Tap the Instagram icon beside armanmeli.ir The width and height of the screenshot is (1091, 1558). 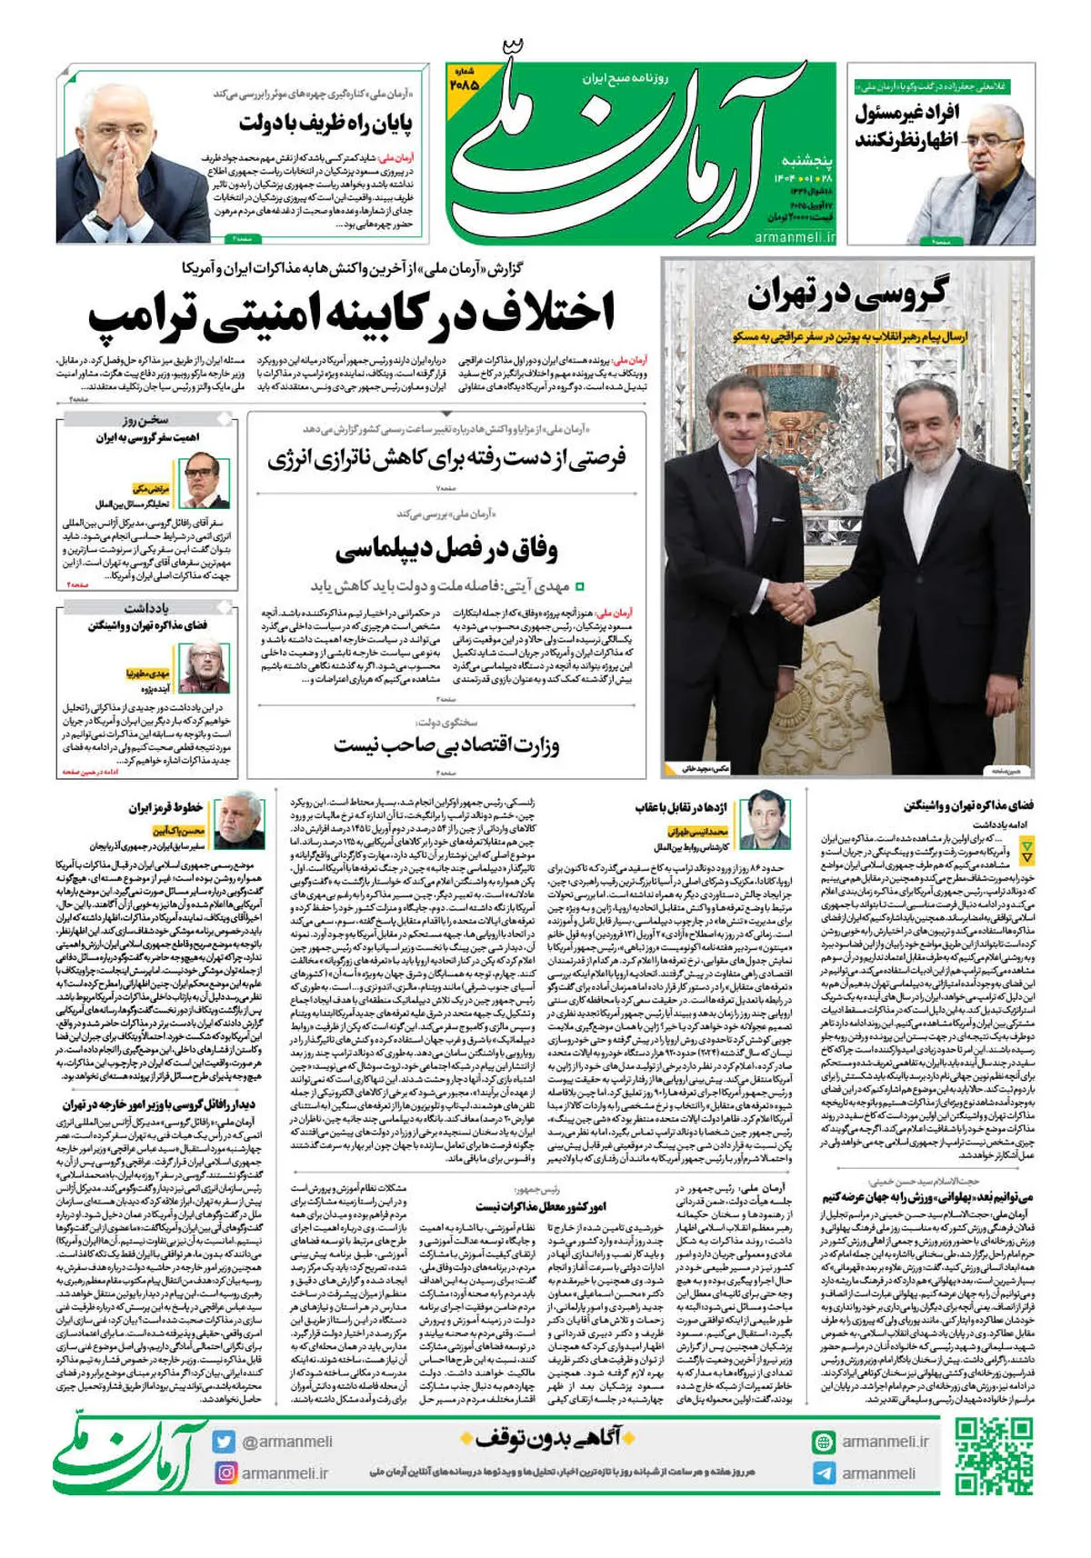(x=225, y=1472)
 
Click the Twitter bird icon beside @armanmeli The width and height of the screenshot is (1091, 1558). (x=225, y=1441)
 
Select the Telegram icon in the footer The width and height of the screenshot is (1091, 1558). (x=824, y=1473)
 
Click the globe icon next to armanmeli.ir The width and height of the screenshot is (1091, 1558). (x=824, y=1442)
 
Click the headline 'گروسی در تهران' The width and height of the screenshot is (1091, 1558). (x=846, y=294)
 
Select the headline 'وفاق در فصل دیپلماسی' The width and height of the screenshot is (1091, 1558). (x=446, y=550)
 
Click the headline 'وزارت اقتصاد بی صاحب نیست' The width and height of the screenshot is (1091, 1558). (x=446, y=746)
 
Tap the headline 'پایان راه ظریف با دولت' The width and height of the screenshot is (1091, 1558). (x=325, y=123)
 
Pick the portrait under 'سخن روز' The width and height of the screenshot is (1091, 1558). (x=204, y=480)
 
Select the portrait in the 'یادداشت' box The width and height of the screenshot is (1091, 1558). (x=204, y=666)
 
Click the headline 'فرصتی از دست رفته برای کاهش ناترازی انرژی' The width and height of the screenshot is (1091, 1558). (x=446, y=459)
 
